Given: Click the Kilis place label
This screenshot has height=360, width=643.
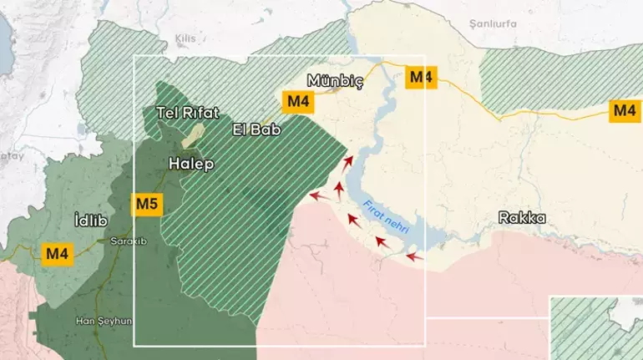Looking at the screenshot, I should tap(185, 39).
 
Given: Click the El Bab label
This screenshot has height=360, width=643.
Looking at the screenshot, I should tap(256, 130).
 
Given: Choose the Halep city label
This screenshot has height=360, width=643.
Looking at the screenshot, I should tap(190, 164).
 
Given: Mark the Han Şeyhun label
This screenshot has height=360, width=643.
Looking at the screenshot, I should tap(104, 320).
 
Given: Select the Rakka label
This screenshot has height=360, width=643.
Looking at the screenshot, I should tap(522, 218).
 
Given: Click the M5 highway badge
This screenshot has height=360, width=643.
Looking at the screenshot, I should tap(146, 204).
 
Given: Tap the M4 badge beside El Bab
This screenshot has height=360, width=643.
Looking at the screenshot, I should tap(297, 102).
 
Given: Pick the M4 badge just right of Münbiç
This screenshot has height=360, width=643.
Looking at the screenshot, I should tap(420, 78).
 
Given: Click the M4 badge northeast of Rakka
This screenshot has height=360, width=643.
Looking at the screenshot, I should tap(624, 110).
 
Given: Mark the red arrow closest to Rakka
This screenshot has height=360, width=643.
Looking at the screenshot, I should tap(415, 256).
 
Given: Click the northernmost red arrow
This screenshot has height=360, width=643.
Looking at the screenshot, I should tap(348, 162).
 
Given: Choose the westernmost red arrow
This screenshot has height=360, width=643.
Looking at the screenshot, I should tap(316, 196).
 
